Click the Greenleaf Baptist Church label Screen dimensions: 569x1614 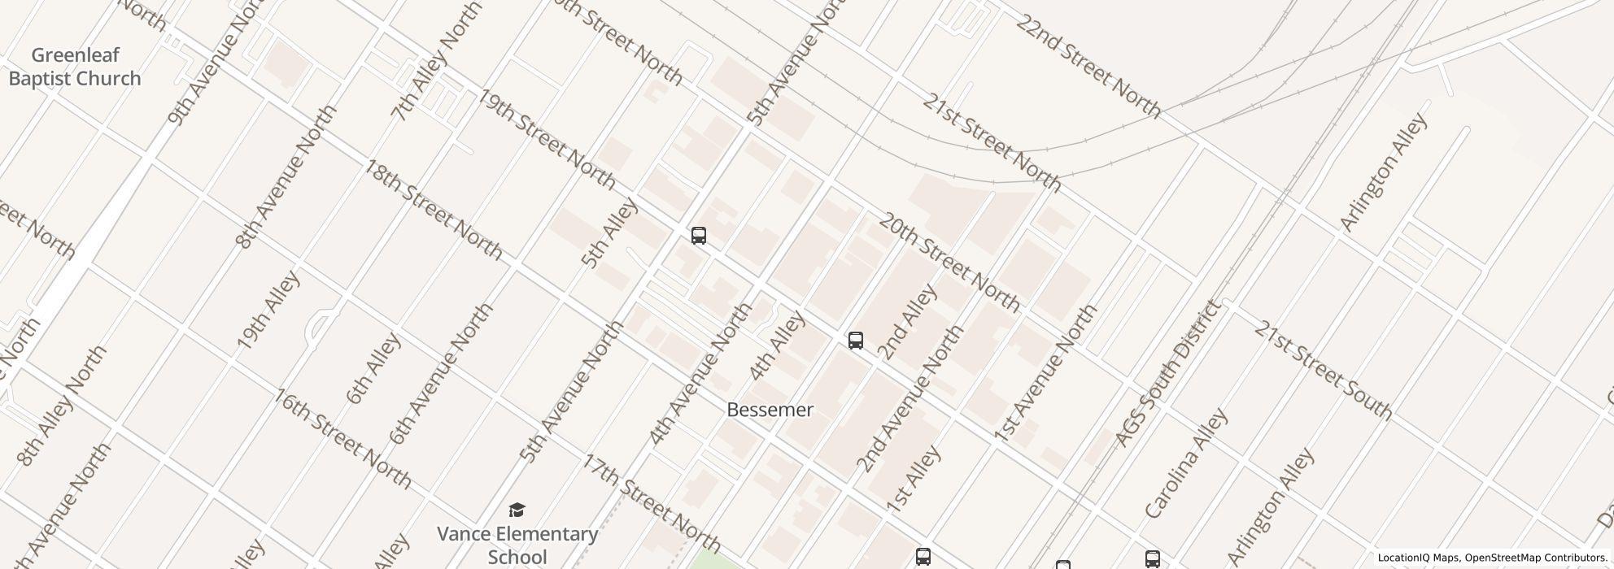pos(75,67)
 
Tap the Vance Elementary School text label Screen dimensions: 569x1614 pos(517,545)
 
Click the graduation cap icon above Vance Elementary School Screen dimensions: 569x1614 pos(517,510)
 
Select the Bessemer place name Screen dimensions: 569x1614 pos(770,410)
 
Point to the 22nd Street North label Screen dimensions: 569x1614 pos(1088,66)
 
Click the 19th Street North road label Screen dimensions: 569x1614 pos(547,140)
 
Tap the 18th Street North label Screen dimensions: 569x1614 pos(434,209)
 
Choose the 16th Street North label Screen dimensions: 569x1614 pos(342,439)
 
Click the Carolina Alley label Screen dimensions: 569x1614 pos(1185,464)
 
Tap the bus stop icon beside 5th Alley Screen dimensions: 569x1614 pos(698,236)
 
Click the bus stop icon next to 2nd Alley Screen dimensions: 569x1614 pos(855,341)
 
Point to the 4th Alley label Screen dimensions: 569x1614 pos(776,346)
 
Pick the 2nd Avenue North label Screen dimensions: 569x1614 pos(910,399)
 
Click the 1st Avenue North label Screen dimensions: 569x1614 pos(1045,374)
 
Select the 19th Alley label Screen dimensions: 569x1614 pos(268,310)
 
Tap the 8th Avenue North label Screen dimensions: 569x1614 pos(286,176)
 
